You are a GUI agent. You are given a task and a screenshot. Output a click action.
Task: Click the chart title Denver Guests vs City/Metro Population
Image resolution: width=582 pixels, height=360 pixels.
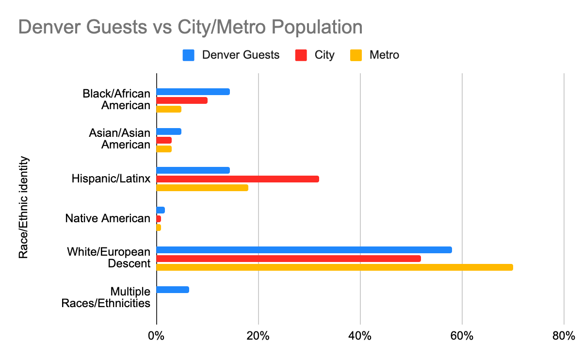point(190,27)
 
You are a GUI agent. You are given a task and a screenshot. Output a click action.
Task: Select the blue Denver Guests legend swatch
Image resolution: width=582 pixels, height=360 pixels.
point(189,55)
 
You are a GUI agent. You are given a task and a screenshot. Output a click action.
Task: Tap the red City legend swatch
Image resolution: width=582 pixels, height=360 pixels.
point(301,55)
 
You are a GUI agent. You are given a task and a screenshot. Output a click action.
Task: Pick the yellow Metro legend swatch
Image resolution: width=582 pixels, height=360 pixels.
point(356,55)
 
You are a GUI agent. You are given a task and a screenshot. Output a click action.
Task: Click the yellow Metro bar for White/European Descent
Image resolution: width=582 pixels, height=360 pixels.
point(334,267)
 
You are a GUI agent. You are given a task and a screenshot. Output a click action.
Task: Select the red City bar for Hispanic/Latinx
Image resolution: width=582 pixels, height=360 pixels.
point(238,179)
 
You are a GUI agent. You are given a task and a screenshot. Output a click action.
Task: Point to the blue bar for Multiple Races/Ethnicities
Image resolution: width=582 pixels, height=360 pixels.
point(173,290)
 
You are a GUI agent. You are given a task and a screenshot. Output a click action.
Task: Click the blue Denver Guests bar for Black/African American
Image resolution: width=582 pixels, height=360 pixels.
point(193,92)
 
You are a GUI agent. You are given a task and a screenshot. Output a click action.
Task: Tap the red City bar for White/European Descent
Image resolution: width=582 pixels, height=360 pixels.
point(289,259)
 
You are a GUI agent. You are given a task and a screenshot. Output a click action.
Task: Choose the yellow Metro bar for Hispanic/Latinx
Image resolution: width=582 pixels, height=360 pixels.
point(202,188)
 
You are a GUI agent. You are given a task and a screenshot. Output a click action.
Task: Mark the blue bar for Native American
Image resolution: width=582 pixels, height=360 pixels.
point(161,210)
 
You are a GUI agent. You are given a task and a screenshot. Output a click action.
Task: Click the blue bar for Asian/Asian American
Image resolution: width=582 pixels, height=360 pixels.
point(169,131)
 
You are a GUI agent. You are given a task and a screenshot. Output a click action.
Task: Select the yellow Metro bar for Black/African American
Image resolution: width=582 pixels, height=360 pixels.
point(169,109)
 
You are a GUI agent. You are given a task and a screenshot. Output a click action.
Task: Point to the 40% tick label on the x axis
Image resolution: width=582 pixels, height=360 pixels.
point(360,336)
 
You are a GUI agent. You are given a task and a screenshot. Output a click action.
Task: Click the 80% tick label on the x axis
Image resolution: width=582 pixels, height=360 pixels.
point(564,336)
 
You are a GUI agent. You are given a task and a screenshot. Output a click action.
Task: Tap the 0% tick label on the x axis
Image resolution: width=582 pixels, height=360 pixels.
point(156,336)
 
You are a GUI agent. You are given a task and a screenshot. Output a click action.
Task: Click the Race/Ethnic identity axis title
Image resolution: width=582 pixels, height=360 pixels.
point(23,207)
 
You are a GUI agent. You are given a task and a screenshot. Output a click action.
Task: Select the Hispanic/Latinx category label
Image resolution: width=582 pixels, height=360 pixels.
point(110,179)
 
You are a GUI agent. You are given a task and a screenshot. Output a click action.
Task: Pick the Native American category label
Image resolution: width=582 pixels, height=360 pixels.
point(108,219)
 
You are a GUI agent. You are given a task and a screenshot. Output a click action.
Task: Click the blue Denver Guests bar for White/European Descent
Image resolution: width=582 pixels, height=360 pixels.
point(304,250)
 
